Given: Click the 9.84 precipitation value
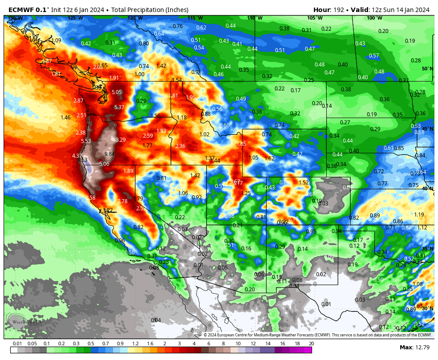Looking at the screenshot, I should (x=109, y=154).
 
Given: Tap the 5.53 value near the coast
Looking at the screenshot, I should (x=86, y=141).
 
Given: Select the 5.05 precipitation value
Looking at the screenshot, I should (x=117, y=92).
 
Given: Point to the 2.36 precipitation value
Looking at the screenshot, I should (x=180, y=146).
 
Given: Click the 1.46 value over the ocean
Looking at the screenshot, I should (x=65, y=118).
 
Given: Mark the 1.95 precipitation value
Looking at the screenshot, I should (x=191, y=98).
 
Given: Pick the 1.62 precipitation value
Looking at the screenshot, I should (x=269, y=159).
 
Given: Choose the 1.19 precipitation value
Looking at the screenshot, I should (x=419, y=215).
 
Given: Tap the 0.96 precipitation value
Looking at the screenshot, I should (x=120, y=241).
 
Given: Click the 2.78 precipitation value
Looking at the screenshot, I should (x=122, y=201).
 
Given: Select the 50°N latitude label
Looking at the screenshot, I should (x=427, y=69).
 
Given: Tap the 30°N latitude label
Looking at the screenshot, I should (x=427, y=308).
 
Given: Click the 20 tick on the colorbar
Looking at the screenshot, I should (x=311, y=344).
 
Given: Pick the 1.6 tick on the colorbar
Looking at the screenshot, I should (x=150, y=344).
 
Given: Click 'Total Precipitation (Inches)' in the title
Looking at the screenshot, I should (x=150, y=10).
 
